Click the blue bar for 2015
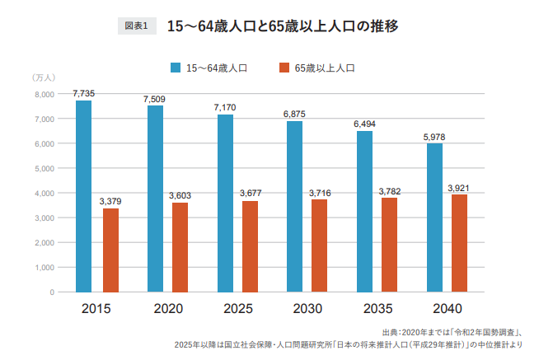point(84,196)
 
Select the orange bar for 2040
point(459,243)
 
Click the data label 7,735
point(82,94)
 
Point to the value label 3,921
point(459,188)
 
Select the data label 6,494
point(364,124)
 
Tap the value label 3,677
point(251,194)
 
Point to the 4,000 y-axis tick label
point(45,193)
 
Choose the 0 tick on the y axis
point(51,292)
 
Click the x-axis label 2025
point(237,308)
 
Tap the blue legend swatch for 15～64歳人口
point(176,68)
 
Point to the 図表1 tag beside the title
point(136,26)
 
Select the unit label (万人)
point(44,77)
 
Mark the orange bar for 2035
point(390,245)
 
